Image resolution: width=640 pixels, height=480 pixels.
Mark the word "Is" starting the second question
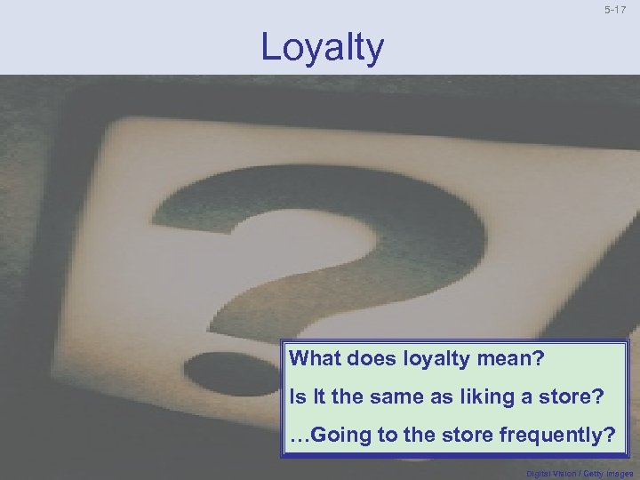pos(295,397)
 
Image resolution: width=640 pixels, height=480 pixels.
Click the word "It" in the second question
pos(316,397)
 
